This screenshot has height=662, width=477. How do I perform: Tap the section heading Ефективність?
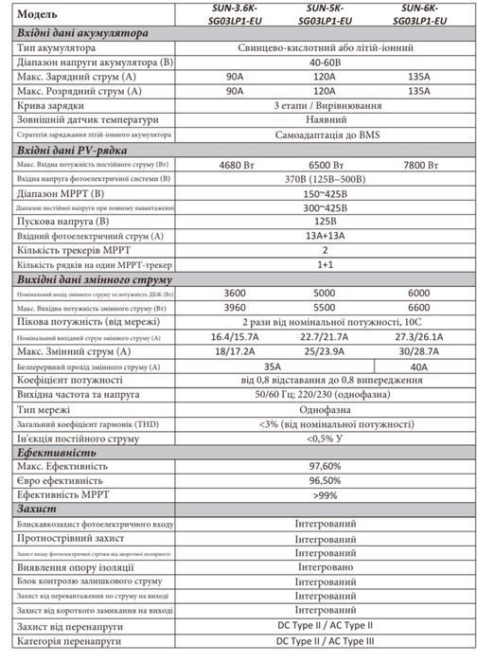(x=55, y=455)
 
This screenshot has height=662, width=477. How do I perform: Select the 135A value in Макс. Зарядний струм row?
(x=411, y=77)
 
